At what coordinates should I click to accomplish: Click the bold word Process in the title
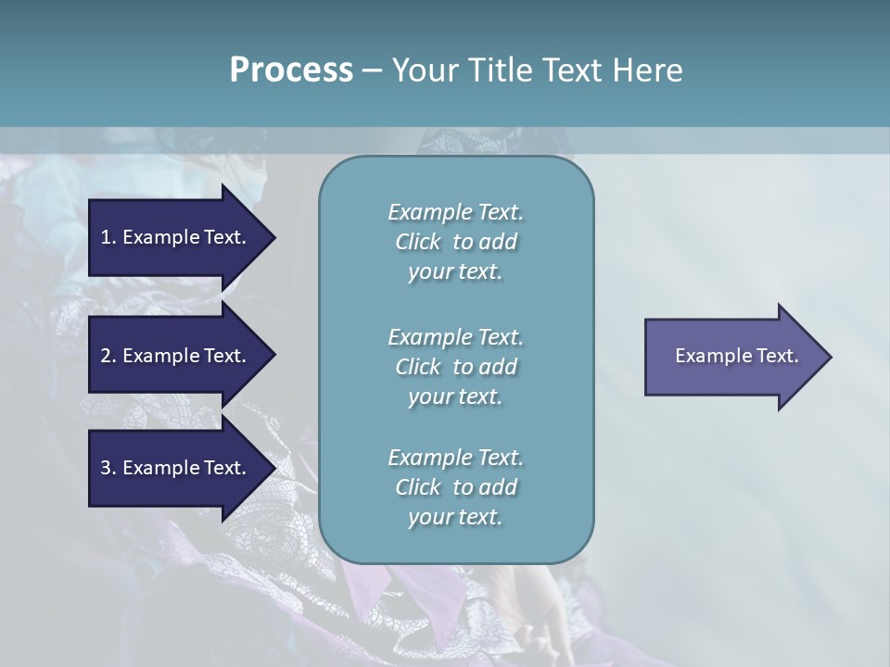click(x=291, y=70)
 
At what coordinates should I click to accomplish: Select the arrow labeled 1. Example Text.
click(x=176, y=237)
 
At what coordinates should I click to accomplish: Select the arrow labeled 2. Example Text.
click(x=176, y=356)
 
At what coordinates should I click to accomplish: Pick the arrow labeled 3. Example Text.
click(x=176, y=468)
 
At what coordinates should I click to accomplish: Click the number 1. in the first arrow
click(x=108, y=237)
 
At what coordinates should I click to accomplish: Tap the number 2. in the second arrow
click(x=108, y=356)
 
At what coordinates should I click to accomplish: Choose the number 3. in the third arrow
click(x=108, y=468)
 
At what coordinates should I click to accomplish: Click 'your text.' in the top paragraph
click(x=455, y=271)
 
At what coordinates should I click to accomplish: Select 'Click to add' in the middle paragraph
click(x=455, y=367)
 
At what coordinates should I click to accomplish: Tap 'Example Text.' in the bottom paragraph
click(x=455, y=458)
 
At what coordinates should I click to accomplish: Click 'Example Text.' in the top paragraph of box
click(x=455, y=212)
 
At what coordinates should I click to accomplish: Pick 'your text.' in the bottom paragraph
click(x=455, y=517)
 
